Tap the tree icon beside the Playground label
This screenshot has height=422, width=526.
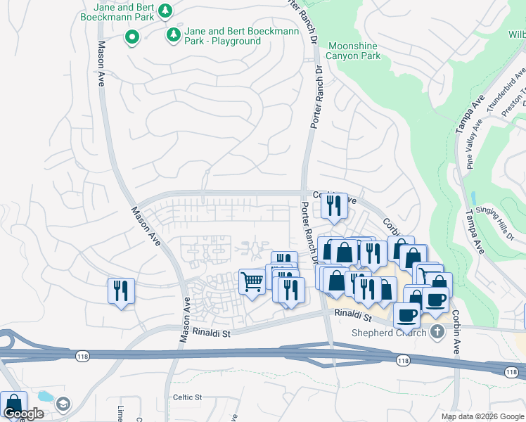click(173, 34)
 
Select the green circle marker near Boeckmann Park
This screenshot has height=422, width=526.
click(131, 37)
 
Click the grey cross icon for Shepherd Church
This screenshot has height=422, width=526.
click(437, 331)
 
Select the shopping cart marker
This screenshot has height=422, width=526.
click(252, 282)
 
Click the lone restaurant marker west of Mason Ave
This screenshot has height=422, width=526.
click(121, 290)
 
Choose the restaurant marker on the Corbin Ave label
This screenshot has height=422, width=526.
click(334, 205)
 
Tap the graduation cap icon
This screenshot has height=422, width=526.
click(63, 404)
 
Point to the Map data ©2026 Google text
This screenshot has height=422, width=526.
click(482, 416)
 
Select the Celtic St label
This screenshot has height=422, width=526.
click(187, 397)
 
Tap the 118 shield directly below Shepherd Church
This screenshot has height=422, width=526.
click(402, 361)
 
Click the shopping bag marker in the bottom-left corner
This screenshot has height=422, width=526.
click(13, 404)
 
